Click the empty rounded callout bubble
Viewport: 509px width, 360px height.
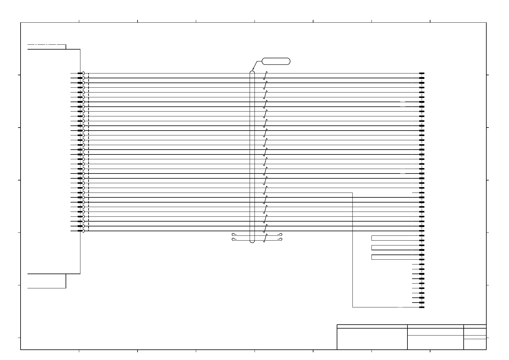coord(276,61)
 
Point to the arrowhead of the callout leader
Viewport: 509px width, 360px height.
coord(253,71)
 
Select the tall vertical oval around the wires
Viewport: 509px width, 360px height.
coord(252,157)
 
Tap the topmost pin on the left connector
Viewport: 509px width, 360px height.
coord(80,73)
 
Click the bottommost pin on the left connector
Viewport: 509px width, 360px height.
coord(80,231)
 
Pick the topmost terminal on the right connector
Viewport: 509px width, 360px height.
coord(422,73)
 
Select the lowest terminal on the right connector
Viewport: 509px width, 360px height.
coord(422,307)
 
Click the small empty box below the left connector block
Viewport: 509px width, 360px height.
coord(47,281)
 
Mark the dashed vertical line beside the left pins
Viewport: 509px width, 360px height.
coord(89,151)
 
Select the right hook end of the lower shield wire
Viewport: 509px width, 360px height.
coord(280,240)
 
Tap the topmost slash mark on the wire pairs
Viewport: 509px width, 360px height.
coord(265,75)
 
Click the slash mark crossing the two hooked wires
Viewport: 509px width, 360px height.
coord(265,238)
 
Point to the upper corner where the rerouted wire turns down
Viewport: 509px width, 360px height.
coord(353,193)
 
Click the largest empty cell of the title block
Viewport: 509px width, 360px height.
coord(372,339)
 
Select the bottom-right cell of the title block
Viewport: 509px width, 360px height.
coord(475,344)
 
